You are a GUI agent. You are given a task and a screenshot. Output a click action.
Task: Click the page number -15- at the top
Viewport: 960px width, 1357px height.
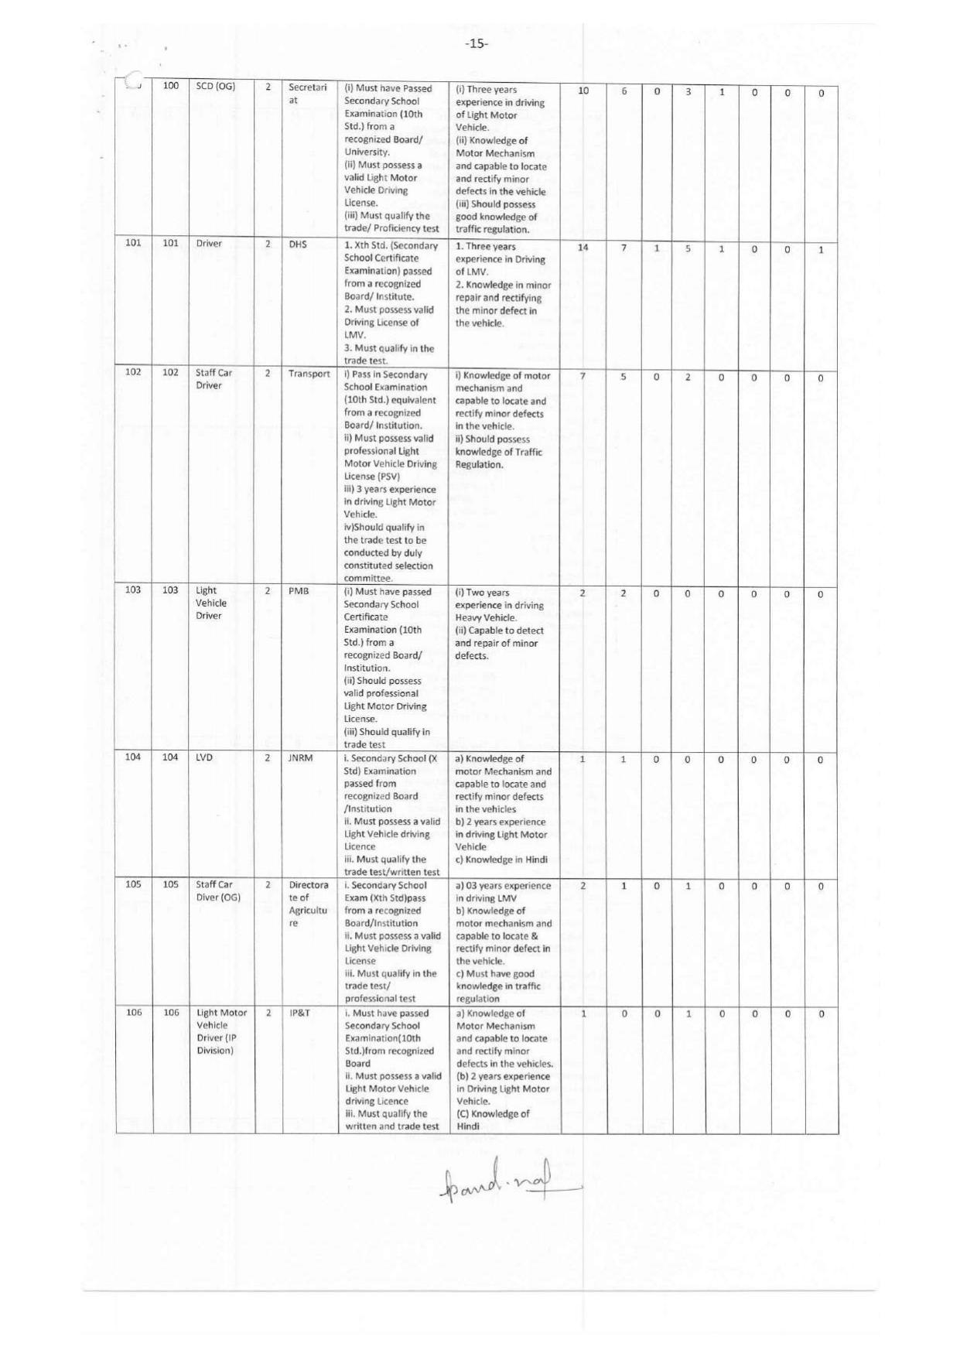point(477,44)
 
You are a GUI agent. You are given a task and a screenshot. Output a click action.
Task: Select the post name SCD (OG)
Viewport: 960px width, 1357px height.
point(215,87)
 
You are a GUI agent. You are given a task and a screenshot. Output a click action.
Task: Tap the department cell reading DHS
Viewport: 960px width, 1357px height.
point(298,244)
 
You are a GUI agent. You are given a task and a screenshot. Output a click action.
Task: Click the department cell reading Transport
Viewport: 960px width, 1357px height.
point(309,374)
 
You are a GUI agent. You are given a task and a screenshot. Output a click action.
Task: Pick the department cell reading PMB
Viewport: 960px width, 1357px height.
point(299,591)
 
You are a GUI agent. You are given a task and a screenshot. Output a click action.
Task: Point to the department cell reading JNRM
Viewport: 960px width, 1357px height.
point(300,758)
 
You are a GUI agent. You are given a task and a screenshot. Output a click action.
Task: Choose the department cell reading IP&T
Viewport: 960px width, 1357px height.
point(300,1013)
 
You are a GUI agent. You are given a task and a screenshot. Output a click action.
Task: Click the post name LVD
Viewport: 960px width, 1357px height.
point(205,758)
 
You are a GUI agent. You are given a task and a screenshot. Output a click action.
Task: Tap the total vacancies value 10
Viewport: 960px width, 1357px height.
point(583,91)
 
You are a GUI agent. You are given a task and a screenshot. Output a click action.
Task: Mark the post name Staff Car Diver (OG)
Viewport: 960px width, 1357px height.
point(218,891)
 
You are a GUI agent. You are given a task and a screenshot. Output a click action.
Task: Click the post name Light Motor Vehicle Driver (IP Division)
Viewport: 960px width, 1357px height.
point(221,1031)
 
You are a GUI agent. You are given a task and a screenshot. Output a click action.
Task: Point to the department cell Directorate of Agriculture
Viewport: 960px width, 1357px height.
point(309,904)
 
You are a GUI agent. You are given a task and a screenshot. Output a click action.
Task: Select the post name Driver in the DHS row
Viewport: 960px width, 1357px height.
point(209,244)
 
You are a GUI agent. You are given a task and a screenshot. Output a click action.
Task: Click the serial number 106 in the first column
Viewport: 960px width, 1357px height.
point(133,1013)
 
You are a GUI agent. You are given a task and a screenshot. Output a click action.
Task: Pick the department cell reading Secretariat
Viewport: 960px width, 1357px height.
point(308,94)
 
